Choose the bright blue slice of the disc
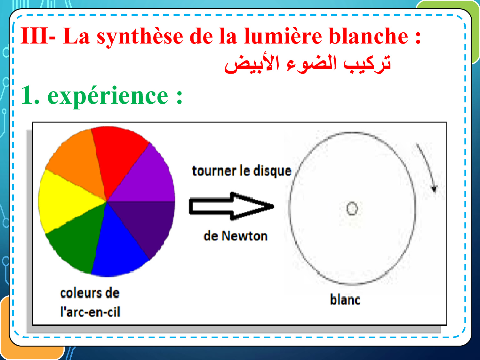118,247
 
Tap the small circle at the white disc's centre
352,208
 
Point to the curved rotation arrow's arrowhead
434,189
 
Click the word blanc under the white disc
345,300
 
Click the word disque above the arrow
272,171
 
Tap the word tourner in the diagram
214,171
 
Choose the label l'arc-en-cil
90,312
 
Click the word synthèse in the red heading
140,36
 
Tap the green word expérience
108,96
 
